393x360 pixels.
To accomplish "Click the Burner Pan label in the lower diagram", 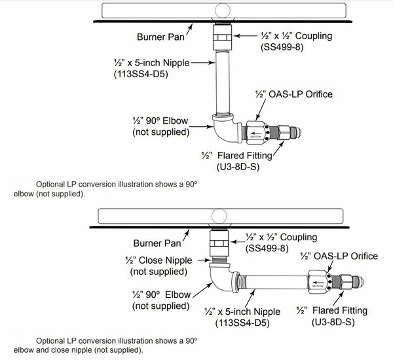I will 157,243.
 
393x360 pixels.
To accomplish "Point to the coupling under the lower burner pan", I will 219,245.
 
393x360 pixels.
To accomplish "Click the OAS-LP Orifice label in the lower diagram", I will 339,255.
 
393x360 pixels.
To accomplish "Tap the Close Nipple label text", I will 160,261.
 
